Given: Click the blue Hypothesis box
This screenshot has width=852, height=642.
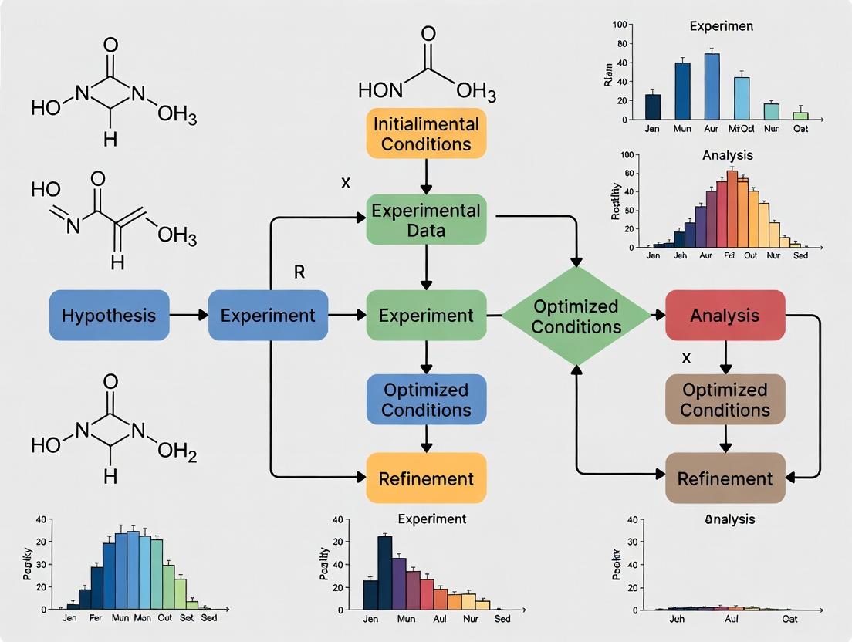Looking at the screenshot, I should pyautogui.click(x=109, y=315).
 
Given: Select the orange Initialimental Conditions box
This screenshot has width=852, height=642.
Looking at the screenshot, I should pyautogui.click(x=426, y=133).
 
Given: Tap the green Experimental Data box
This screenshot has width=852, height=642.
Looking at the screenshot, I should pyautogui.click(x=426, y=220).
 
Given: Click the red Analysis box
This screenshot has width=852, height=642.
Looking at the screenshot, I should pyautogui.click(x=725, y=315).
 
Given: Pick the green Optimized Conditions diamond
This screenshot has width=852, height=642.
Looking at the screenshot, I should pyautogui.click(x=576, y=316).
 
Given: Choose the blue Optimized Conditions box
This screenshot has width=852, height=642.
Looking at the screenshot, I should pyautogui.click(x=426, y=399).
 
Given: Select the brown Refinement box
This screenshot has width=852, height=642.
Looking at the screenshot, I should pyautogui.click(x=725, y=478).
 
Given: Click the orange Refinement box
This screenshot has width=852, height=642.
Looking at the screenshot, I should pyautogui.click(x=426, y=478).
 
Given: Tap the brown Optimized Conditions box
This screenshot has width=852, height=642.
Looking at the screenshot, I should pyautogui.click(x=725, y=399).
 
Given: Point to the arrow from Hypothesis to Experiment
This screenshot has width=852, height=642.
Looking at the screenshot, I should pyautogui.click(x=188, y=315).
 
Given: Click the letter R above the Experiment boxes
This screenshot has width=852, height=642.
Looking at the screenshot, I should pyautogui.click(x=300, y=272).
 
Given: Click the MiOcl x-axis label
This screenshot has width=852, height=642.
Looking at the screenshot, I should pyautogui.click(x=742, y=129).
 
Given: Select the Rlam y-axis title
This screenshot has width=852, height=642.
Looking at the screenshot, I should pyautogui.click(x=610, y=73).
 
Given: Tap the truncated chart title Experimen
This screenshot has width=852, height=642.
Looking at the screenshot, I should pyautogui.click(x=721, y=26).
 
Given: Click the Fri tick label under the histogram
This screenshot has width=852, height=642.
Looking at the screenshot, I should pyautogui.click(x=731, y=255).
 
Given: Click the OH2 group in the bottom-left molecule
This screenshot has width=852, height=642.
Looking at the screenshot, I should pyautogui.click(x=177, y=453).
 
